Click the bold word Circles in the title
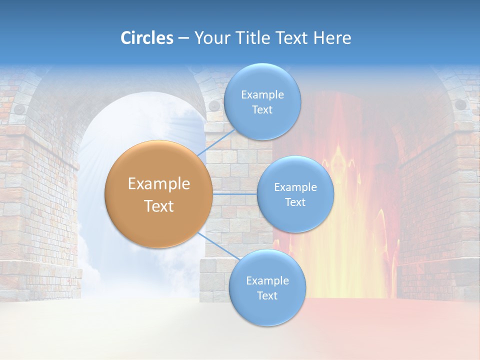[x=146, y=38]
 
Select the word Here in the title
[x=332, y=38]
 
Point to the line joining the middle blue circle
[x=235, y=192]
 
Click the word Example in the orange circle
[x=158, y=184]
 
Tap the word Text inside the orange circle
[x=158, y=206]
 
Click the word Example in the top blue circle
[x=262, y=94]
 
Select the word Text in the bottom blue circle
[x=267, y=295]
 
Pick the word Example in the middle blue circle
[x=295, y=187]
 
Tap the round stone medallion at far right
[x=460, y=104]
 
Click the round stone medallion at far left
[x=19, y=108]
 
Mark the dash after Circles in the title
[x=183, y=38]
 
